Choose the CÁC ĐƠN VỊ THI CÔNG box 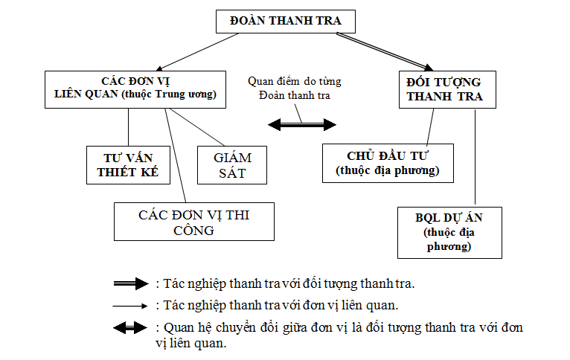pos(193,222)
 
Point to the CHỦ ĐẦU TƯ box pos(388,162)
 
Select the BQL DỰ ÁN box pos(449,231)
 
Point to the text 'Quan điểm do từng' pos(296,81)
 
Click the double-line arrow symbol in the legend pos(132,283)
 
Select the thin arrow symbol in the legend pos(132,305)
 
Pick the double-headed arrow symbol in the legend pos(132,327)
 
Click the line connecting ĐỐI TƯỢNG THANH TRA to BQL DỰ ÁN pos(475,156)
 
